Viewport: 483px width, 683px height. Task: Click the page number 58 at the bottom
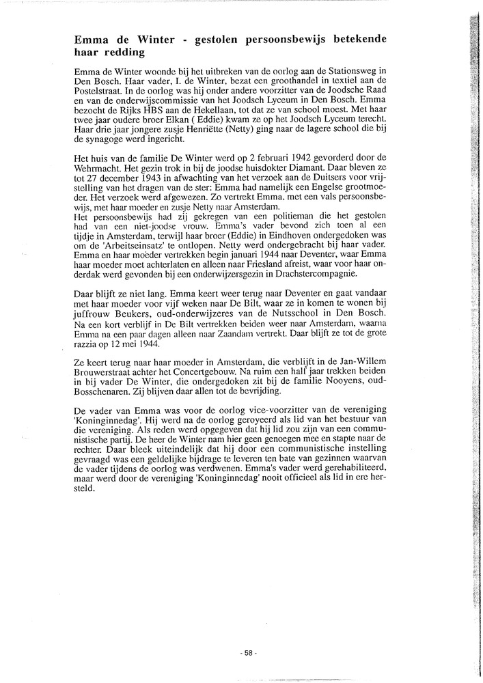click(x=249, y=652)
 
